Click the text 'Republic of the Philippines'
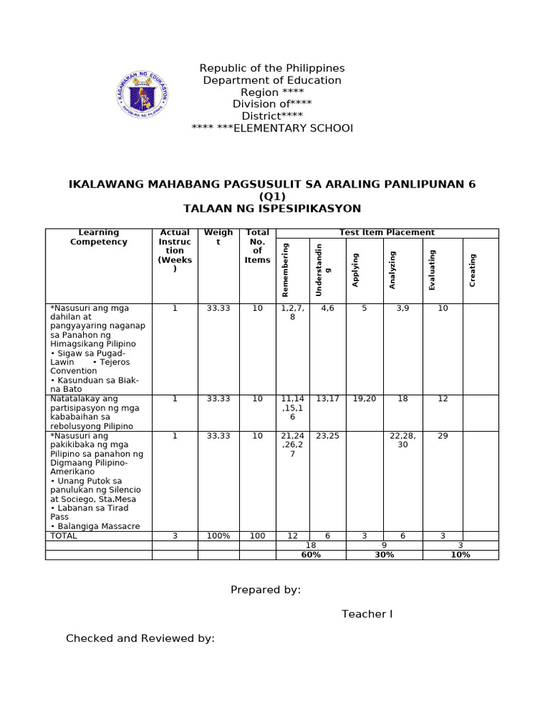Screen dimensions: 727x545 (272, 68)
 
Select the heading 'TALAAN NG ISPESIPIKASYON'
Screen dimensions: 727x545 (272, 208)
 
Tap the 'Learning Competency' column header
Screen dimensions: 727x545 (99, 237)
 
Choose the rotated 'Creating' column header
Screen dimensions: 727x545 (473, 270)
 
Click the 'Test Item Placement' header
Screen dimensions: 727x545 (387, 232)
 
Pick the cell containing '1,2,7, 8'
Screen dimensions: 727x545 (292, 313)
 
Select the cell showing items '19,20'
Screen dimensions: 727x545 (364, 399)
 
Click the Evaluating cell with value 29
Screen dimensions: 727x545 (443, 436)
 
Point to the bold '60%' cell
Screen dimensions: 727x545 (311, 554)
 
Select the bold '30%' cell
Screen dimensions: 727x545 (384, 554)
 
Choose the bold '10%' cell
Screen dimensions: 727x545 (461, 554)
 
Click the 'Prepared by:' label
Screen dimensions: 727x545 (265, 589)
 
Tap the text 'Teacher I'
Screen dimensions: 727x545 (367, 613)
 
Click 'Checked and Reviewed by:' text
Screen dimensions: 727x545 (140, 638)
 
